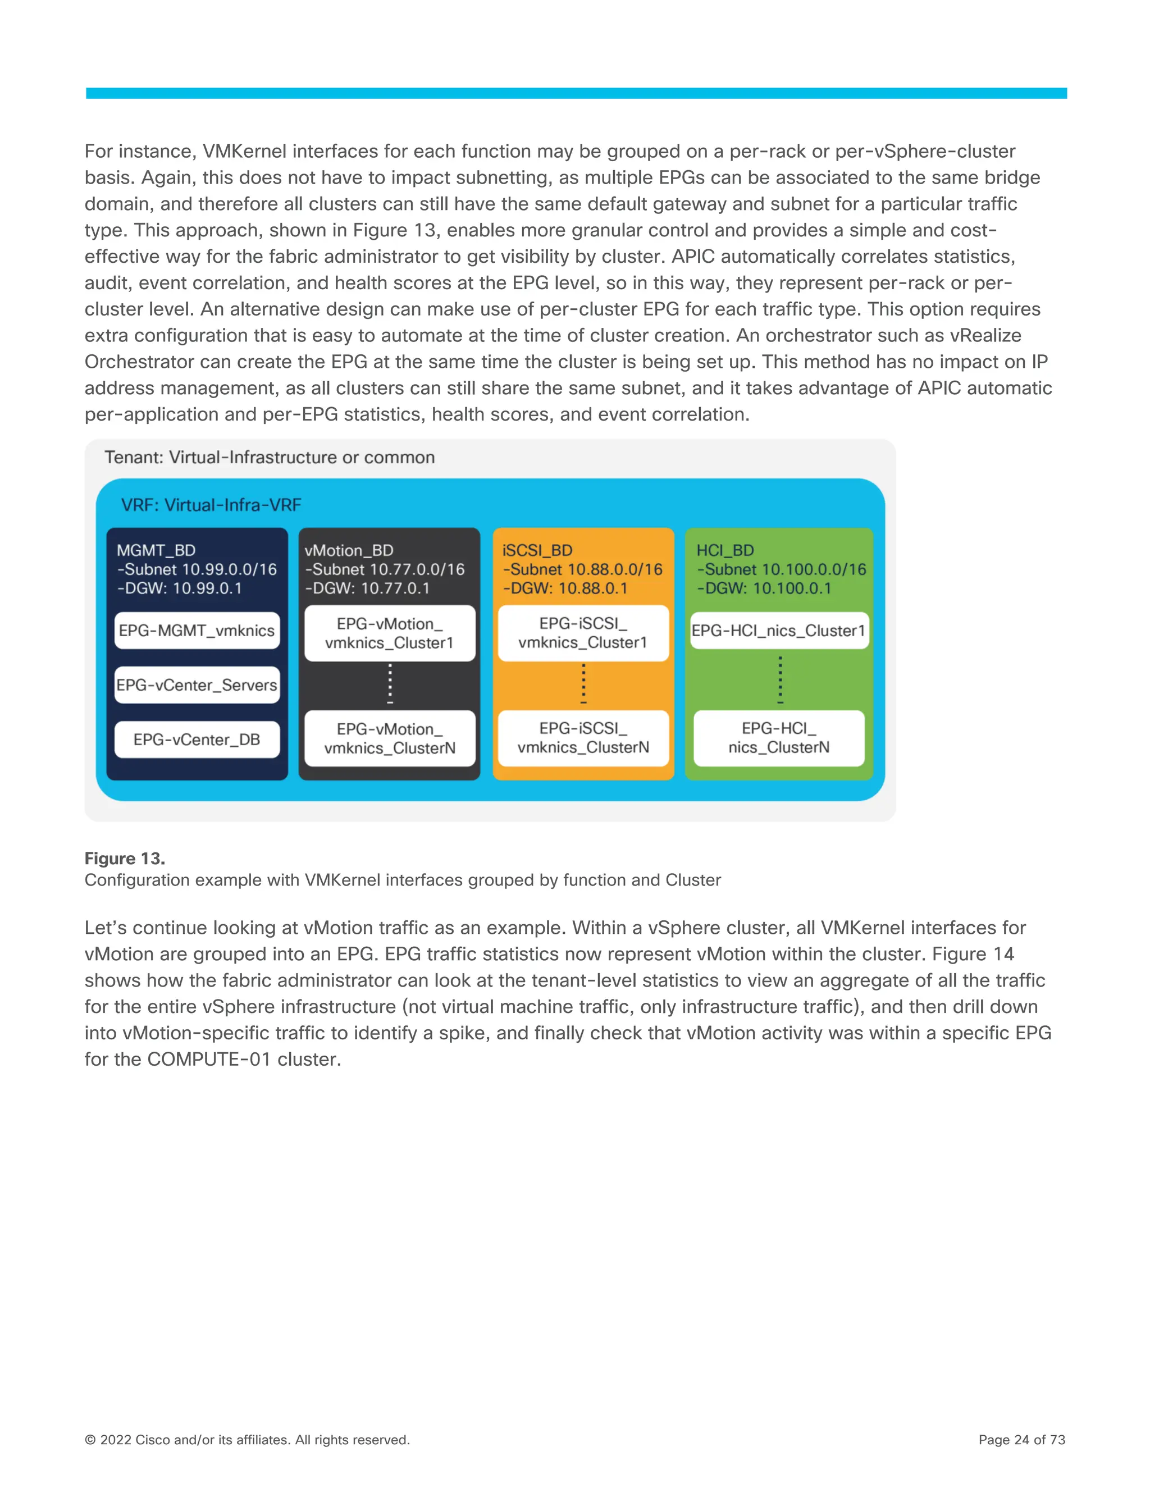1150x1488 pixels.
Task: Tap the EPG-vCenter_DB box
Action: pos(197,740)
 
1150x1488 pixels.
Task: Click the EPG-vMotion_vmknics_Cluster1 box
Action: pos(390,633)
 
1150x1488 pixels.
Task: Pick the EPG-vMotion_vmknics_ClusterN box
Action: pos(390,738)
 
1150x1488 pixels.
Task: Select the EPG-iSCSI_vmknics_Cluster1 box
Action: pos(583,633)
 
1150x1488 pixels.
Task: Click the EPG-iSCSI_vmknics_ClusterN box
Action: pos(583,738)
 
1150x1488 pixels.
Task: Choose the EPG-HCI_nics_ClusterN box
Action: pos(779,738)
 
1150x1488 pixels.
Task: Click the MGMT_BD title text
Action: pos(156,550)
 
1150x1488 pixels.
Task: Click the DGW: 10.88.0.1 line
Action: pos(565,588)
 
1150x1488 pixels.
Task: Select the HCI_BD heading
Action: pos(725,550)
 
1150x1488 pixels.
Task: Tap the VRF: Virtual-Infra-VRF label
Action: pos(211,505)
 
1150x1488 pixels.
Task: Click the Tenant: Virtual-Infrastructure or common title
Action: pos(269,457)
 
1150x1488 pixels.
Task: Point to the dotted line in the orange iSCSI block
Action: pos(583,683)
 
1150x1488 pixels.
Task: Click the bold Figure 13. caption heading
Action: pos(125,859)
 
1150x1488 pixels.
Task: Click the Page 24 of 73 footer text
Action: pos(1021,1440)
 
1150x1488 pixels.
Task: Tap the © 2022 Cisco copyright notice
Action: pos(247,1440)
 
